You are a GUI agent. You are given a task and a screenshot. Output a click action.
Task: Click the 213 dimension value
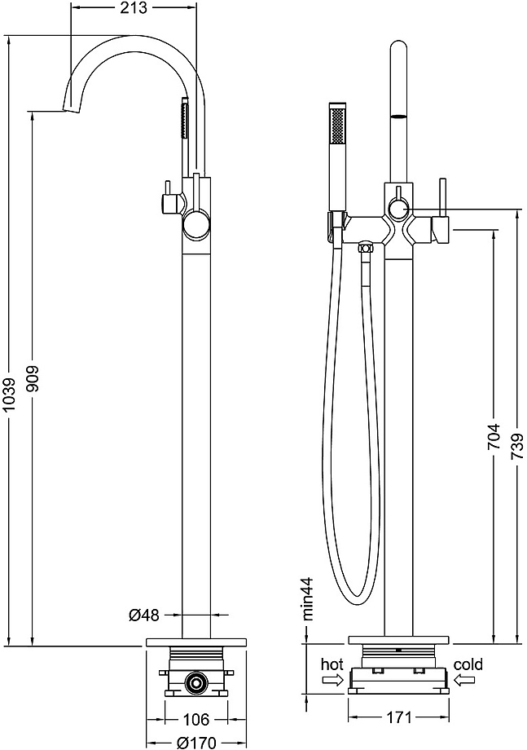134,9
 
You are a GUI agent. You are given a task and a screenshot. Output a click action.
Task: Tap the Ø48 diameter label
144,615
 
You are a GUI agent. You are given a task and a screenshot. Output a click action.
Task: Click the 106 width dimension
196,719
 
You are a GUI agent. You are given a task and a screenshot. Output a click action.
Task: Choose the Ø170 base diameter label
195,742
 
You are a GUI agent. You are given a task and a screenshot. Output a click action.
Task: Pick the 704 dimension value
494,436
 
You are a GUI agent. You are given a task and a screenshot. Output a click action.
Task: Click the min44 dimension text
308,598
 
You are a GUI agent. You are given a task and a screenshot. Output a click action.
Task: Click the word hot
332,664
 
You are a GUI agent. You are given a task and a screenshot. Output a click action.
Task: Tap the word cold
468,664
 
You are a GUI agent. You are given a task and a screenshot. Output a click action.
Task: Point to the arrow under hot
333,680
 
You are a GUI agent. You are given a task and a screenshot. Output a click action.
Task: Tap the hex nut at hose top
366,248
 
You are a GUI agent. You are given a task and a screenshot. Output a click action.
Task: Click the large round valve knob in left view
196,224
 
